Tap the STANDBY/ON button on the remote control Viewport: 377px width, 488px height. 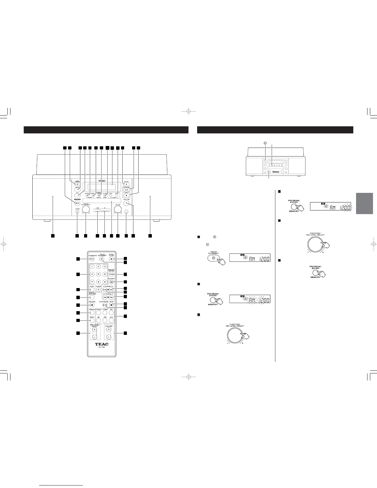[x=91, y=259]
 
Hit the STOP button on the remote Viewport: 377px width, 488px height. [x=111, y=305]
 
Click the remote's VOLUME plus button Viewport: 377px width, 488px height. [x=108, y=329]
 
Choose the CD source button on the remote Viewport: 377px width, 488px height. [x=111, y=313]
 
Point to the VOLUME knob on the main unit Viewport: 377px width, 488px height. [x=117, y=210]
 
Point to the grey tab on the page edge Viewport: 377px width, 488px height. [x=364, y=203]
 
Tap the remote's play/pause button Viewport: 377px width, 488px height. [x=105, y=305]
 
